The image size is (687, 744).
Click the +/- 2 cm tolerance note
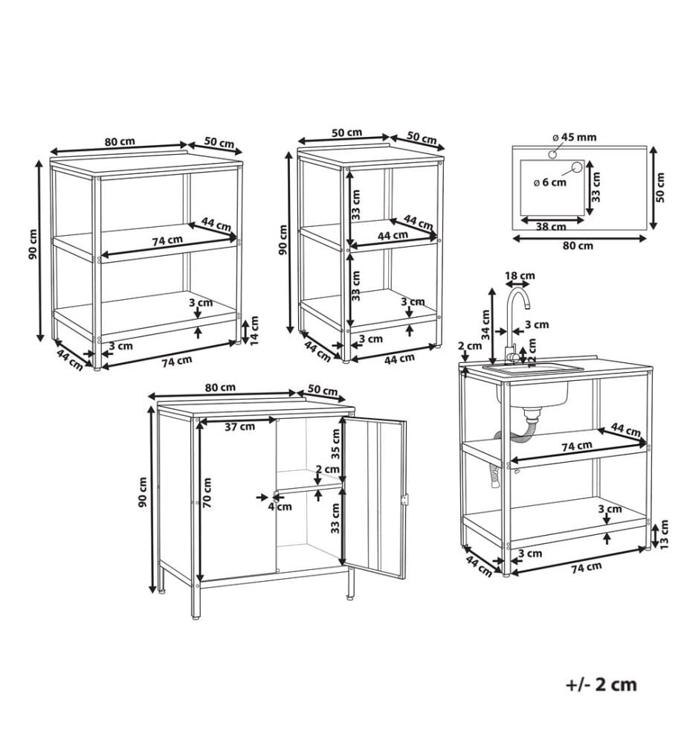[x=601, y=684]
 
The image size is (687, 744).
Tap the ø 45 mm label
[x=574, y=138]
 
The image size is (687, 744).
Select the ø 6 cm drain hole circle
[x=576, y=167]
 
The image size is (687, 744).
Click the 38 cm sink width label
[x=550, y=227]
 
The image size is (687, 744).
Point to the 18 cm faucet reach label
[x=520, y=276]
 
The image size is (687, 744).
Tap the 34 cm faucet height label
[x=486, y=324]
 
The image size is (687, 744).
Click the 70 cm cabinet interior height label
[x=207, y=493]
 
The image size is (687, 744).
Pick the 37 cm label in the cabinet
[x=240, y=426]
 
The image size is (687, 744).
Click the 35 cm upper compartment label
[x=335, y=443]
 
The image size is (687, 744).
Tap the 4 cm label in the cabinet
[x=280, y=507]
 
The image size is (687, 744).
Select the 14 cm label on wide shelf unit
[x=254, y=331]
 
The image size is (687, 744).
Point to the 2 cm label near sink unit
[x=471, y=345]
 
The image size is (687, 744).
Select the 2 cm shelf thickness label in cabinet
[x=327, y=469]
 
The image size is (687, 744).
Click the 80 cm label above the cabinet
[x=220, y=387]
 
